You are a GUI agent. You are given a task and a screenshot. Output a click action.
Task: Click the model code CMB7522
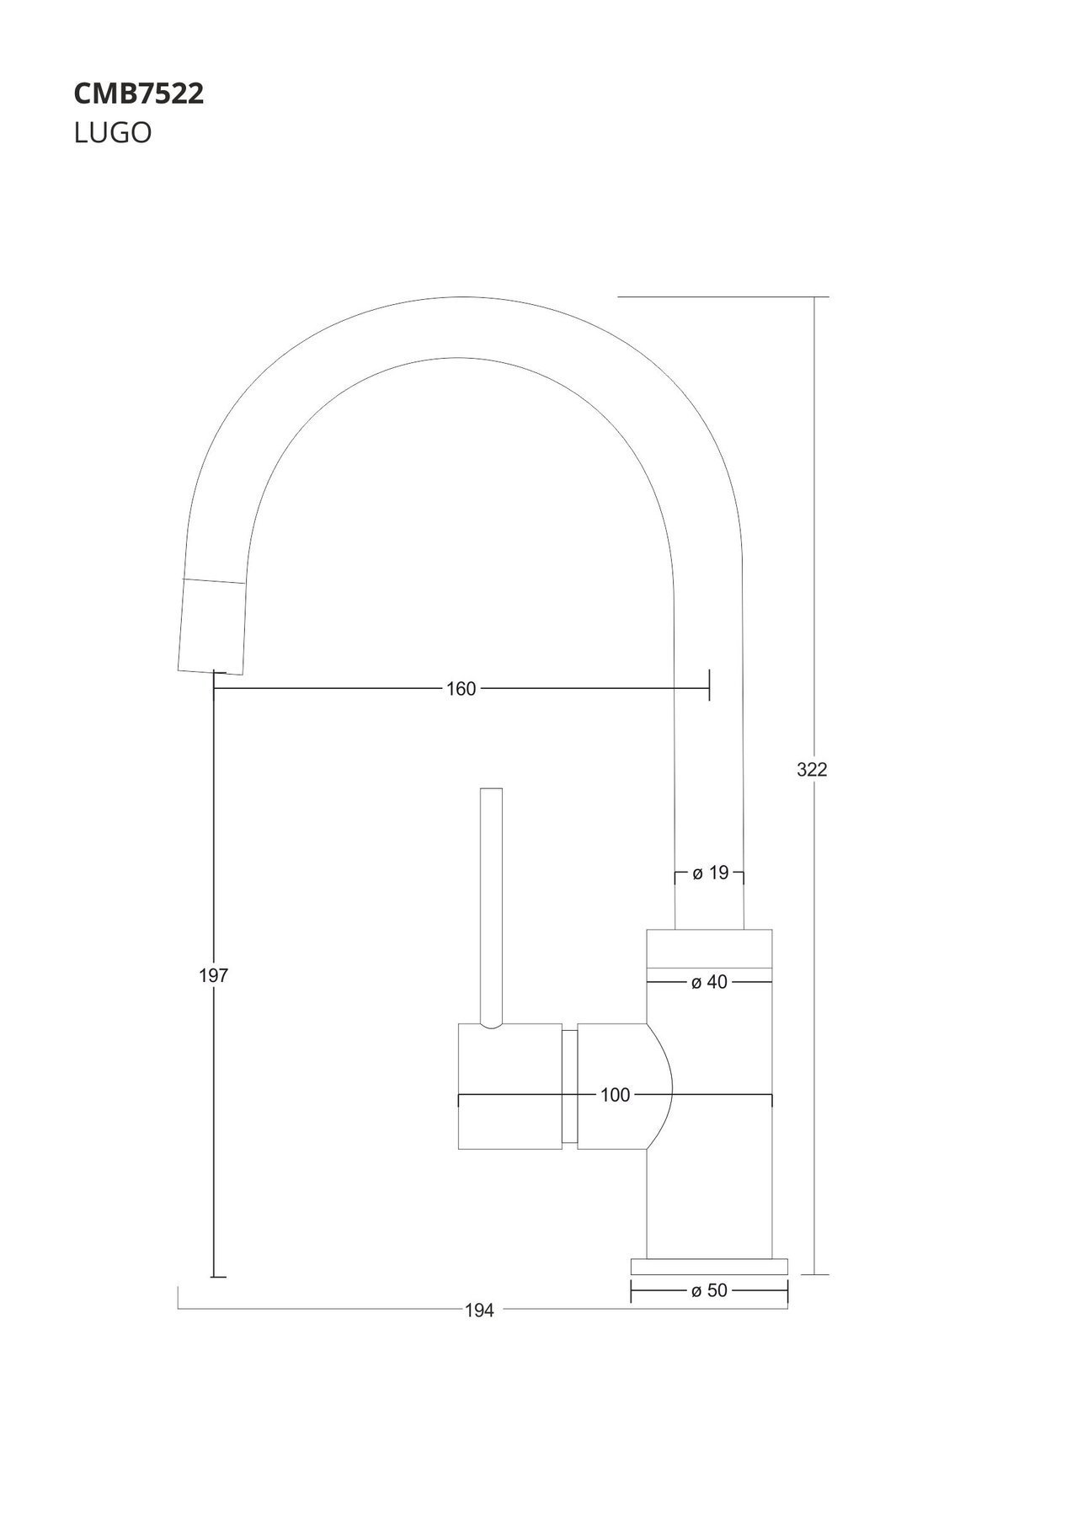click(x=139, y=94)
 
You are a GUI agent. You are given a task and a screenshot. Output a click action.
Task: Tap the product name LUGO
click(x=113, y=133)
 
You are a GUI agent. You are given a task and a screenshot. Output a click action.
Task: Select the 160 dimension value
click(x=461, y=689)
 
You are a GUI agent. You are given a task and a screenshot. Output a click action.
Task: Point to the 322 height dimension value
click(x=813, y=769)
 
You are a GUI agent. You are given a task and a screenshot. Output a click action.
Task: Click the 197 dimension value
click(x=214, y=975)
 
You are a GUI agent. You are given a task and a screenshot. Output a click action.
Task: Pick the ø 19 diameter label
click(x=710, y=873)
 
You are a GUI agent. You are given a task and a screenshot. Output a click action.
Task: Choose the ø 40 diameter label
click(x=709, y=982)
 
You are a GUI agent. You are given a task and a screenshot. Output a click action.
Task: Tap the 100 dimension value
click(x=616, y=1095)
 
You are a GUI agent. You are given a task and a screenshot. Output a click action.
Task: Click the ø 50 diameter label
click(x=709, y=1290)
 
